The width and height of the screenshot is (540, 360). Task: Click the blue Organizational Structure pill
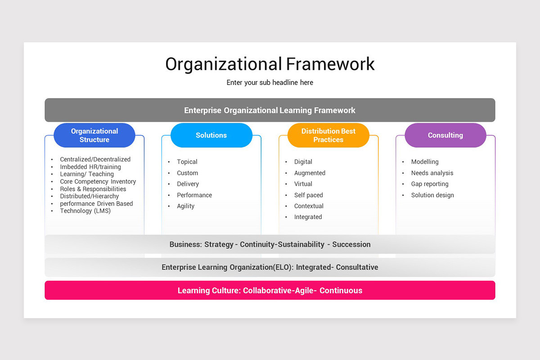(x=94, y=135)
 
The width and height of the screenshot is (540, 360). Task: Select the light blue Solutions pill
(x=211, y=135)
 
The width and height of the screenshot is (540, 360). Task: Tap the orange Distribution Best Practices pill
(x=328, y=135)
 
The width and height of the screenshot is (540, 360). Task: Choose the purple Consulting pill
(x=445, y=135)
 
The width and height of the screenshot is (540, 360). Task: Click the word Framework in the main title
(x=330, y=64)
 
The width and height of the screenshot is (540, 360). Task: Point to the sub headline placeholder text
(x=270, y=83)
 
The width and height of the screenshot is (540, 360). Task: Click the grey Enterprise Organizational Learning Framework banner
(x=270, y=110)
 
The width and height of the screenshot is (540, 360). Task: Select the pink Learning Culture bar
(x=270, y=290)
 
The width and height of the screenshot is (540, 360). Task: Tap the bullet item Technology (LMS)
(x=85, y=211)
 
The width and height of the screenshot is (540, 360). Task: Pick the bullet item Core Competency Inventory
(x=98, y=182)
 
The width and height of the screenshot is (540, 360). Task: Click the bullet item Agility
(x=185, y=206)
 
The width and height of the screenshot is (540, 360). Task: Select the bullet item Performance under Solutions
(x=194, y=195)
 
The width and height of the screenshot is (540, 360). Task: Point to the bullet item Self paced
(x=309, y=195)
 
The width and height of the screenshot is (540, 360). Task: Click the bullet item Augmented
(x=310, y=173)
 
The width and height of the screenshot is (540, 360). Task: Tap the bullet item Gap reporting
(x=430, y=184)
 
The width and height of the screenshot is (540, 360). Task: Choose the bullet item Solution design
(x=432, y=195)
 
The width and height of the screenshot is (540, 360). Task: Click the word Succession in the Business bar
(x=351, y=245)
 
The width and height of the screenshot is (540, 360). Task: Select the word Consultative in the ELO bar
(x=357, y=267)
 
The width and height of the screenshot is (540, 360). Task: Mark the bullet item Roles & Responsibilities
(x=93, y=189)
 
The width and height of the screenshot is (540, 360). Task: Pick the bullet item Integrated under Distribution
(x=308, y=217)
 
